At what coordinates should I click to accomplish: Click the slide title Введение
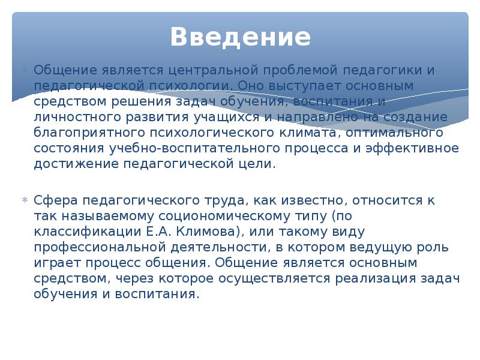click(240, 37)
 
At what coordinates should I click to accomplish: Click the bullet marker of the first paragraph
click(25, 70)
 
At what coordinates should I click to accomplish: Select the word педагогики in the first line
click(375, 70)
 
